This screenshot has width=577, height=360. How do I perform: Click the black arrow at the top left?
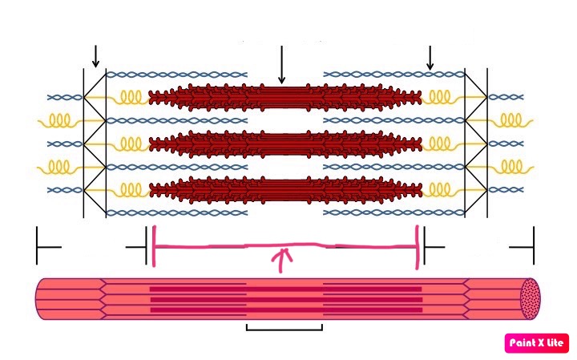[x=95, y=56]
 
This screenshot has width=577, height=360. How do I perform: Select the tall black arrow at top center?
[x=281, y=65]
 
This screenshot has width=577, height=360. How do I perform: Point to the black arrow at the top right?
[x=430, y=58]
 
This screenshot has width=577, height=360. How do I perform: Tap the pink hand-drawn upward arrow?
[x=281, y=261]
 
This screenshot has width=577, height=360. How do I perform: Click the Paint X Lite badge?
[x=536, y=343]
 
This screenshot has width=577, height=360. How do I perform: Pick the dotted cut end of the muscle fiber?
[x=531, y=298]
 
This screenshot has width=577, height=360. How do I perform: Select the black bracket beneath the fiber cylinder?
[x=284, y=327]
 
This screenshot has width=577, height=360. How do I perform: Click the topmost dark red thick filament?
[x=285, y=98]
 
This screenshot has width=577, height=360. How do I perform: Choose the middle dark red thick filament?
[x=285, y=144]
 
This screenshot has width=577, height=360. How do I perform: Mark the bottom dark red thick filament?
[x=285, y=190]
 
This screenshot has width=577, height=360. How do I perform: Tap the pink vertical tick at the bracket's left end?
[x=154, y=246]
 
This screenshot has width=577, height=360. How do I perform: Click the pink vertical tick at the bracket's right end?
[x=418, y=247]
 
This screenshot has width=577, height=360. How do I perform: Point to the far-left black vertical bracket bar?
[x=37, y=245]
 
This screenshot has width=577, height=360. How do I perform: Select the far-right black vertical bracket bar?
[x=534, y=245]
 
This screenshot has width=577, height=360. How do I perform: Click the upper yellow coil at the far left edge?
[x=59, y=121]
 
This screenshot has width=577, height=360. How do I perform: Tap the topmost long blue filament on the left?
[x=176, y=75]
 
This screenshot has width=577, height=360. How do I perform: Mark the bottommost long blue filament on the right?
[x=394, y=212]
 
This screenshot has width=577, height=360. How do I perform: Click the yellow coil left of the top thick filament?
[x=127, y=98]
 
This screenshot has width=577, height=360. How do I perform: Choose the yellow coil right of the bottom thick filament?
[x=443, y=190]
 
